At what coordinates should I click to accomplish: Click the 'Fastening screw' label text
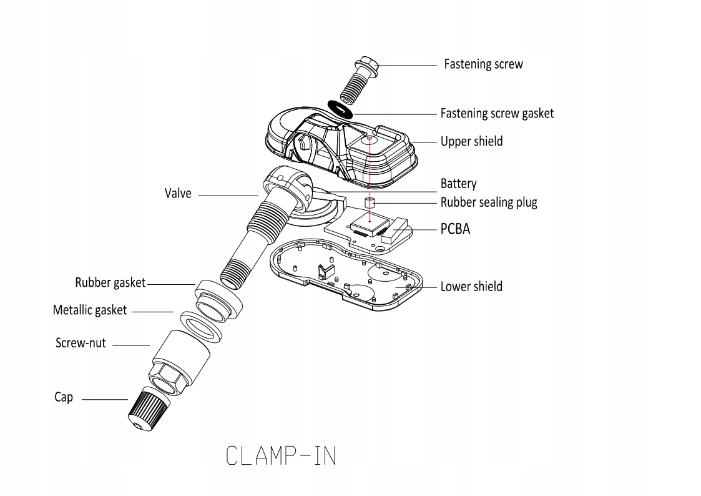483,64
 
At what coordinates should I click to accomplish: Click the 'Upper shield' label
471,142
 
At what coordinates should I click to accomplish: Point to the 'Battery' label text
458,184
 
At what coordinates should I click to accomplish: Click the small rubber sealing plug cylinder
369,203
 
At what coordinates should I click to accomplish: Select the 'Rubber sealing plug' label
489,202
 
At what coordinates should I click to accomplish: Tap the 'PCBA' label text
456,229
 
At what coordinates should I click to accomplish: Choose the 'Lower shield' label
471,287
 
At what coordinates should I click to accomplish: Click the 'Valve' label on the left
177,194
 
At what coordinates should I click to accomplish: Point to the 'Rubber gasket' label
110,283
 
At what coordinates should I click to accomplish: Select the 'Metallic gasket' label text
90,310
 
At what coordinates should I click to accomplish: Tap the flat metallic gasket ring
202,325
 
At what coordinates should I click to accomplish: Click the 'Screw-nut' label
81,344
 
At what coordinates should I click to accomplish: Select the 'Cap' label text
63,397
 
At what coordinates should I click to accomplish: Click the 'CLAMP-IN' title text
282,456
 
